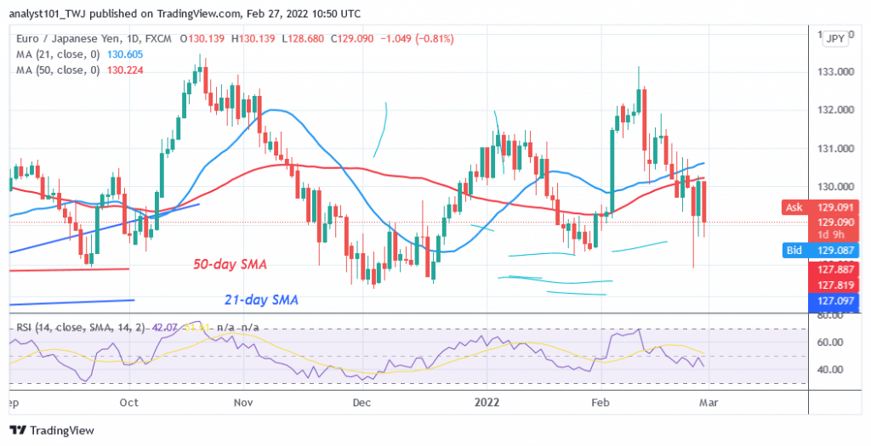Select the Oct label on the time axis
click(x=129, y=403)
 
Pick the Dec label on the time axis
click(x=361, y=403)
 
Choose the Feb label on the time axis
click(x=601, y=403)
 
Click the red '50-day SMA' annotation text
click(x=226, y=266)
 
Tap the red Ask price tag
click(x=793, y=206)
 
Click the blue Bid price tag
click(x=793, y=251)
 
